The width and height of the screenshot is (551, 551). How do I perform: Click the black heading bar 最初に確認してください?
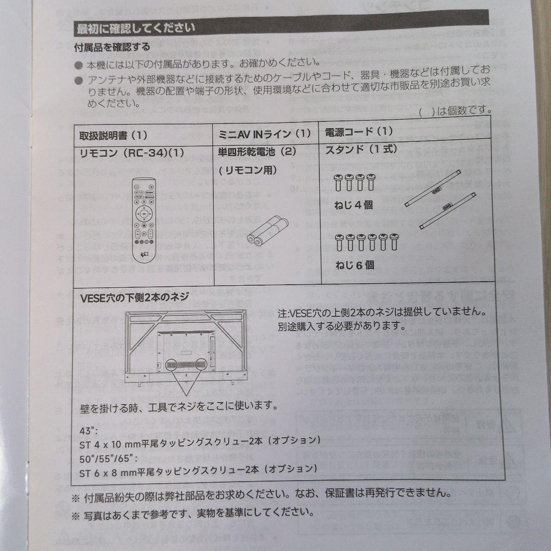(281, 27)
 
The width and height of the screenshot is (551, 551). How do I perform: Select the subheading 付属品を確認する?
(113, 47)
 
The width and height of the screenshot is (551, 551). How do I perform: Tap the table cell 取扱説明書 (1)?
(113, 136)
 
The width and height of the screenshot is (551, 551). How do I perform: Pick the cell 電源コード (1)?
(359, 132)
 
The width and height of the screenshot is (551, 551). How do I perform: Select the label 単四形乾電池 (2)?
(257, 152)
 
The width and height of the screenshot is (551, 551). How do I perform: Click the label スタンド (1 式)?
(361, 149)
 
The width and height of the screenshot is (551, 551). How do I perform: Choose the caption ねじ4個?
(354, 205)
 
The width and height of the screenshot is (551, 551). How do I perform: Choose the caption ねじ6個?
(355, 265)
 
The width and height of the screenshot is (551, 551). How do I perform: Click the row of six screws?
(365, 243)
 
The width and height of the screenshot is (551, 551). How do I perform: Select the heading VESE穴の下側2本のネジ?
(135, 297)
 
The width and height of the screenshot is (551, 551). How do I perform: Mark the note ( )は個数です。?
(455, 110)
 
